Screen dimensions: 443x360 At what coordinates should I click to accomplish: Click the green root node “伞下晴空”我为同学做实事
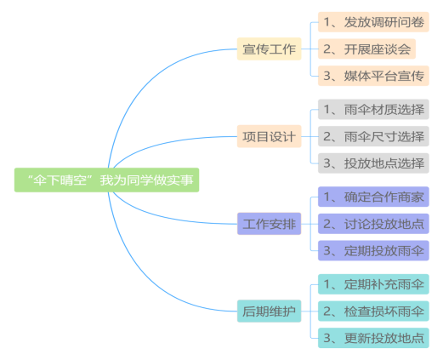(x=106, y=180)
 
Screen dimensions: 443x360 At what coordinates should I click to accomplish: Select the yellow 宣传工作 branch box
(x=269, y=49)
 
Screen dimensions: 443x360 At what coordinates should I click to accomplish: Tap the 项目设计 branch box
(x=269, y=136)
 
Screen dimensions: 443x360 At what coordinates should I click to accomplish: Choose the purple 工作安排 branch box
(x=269, y=224)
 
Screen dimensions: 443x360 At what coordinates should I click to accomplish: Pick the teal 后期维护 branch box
(x=269, y=311)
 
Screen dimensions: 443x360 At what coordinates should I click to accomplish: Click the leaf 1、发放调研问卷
(x=373, y=22)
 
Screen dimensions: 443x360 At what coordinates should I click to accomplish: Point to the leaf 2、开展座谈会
(x=366, y=49)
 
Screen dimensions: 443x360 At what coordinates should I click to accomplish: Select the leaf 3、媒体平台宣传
(x=373, y=76)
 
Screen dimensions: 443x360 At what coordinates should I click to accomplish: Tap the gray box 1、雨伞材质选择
(x=373, y=109)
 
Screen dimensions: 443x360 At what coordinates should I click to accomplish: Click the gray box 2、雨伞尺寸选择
(x=373, y=136)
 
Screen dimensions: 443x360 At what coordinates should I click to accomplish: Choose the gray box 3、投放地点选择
(x=373, y=163)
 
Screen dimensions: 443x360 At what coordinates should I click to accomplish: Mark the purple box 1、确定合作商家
(x=373, y=197)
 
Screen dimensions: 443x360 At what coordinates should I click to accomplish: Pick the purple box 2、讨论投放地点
(x=373, y=224)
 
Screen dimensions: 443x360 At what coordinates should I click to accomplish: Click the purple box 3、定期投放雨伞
(x=373, y=250)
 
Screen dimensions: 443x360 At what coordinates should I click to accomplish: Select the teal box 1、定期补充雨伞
(x=373, y=284)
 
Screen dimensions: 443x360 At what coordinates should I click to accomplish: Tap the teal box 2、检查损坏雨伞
(x=373, y=311)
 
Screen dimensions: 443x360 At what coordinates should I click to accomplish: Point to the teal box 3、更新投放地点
(x=373, y=338)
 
